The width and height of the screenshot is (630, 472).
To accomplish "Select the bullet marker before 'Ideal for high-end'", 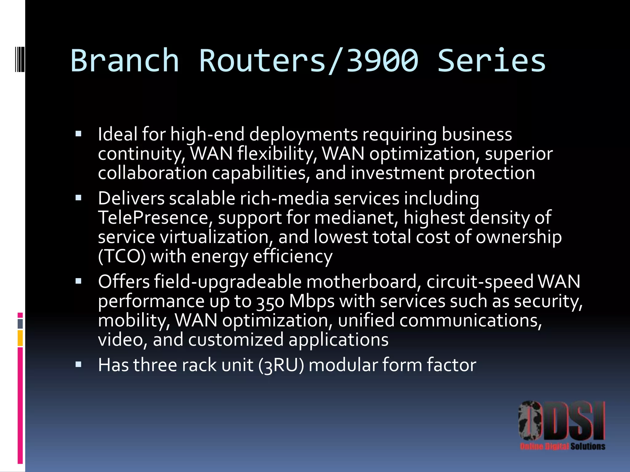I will coord(78,134).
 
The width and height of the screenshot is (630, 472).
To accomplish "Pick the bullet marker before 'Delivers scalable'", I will coord(78,198).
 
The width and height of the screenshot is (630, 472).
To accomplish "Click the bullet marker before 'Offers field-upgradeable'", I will coord(78,281).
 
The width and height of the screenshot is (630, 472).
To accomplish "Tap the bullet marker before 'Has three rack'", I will coord(78,364).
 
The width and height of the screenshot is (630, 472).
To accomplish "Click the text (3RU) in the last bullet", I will coord(281,365).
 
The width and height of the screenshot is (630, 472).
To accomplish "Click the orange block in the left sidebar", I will coord(20,338).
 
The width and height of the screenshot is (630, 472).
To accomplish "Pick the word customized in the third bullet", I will coord(236,340).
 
